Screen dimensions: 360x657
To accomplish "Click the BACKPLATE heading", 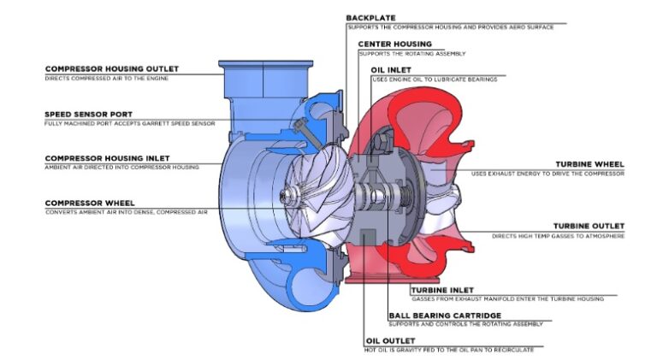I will [x=370, y=17].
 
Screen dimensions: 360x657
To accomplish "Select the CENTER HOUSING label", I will [x=395, y=44].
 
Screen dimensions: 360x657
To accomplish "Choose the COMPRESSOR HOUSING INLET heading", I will [x=107, y=158].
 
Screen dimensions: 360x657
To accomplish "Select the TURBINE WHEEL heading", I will [x=589, y=163].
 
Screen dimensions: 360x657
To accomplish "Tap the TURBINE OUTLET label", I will [x=588, y=226].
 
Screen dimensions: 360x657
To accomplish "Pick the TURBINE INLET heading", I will [x=442, y=290].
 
